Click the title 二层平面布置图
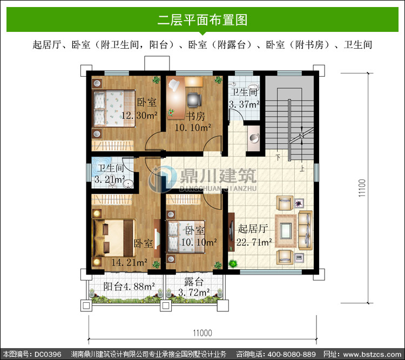202,20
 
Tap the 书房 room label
195,116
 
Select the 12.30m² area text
139,115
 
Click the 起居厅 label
253,229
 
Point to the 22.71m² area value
254,242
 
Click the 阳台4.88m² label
129,286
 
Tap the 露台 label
194,282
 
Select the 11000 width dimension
202,333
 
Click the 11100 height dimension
362,188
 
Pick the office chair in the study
194,100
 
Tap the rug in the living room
286,231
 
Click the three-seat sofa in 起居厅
306,230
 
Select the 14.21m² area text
130,263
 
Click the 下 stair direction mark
278,157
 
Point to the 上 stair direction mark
302,168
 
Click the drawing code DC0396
48,354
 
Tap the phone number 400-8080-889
292,354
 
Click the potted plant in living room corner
233,264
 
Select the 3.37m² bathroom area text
244,104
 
